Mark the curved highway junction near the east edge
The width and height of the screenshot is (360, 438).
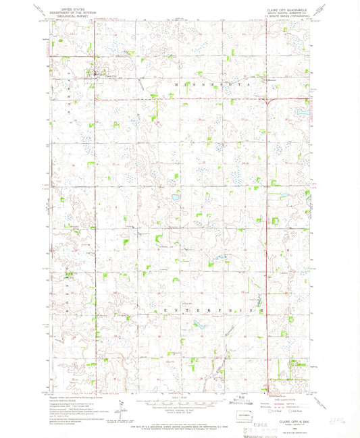(x=270, y=101)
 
